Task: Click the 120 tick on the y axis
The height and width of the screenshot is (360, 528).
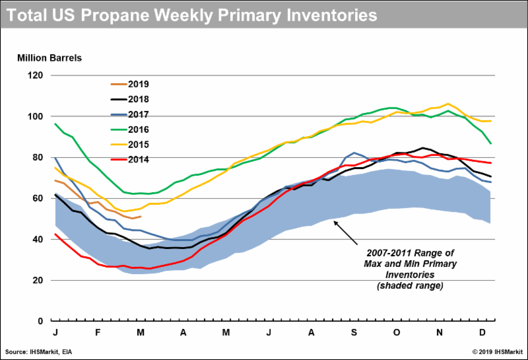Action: [x=34, y=75]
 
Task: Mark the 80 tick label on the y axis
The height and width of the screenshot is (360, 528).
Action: [x=36, y=157]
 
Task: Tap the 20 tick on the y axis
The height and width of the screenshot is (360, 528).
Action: [x=36, y=280]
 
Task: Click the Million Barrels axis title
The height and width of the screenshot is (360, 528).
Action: [x=49, y=57]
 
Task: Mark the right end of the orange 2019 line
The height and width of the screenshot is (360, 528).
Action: [x=141, y=217]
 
